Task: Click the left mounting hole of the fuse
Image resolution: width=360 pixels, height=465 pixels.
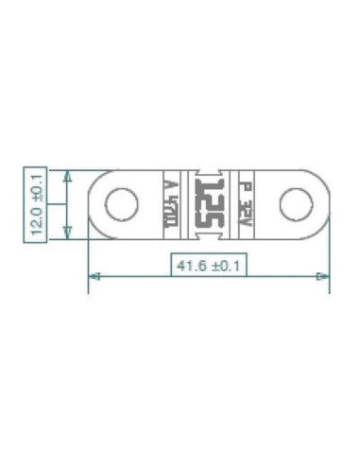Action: [x=119, y=202]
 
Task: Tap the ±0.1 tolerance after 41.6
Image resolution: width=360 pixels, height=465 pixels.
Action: [x=225, y=266]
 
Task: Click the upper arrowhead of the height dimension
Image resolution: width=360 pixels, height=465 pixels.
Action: [x=66, y=176]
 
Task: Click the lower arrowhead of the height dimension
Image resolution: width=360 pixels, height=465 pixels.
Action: [x=66, y=231]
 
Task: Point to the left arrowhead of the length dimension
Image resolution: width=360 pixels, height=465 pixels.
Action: [x=94, y=277]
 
